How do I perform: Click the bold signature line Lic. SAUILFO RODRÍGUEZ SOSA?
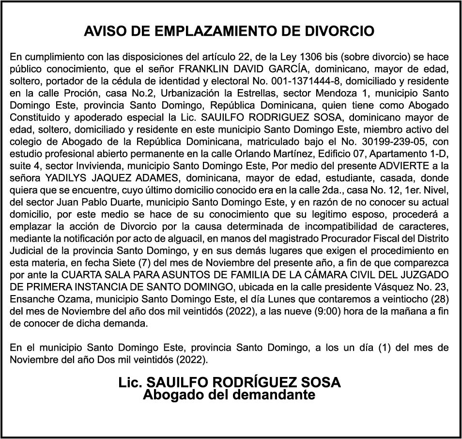pyautogui.click(x=230, y=382)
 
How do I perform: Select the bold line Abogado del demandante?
pyautogui.click(x=229, y=395)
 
